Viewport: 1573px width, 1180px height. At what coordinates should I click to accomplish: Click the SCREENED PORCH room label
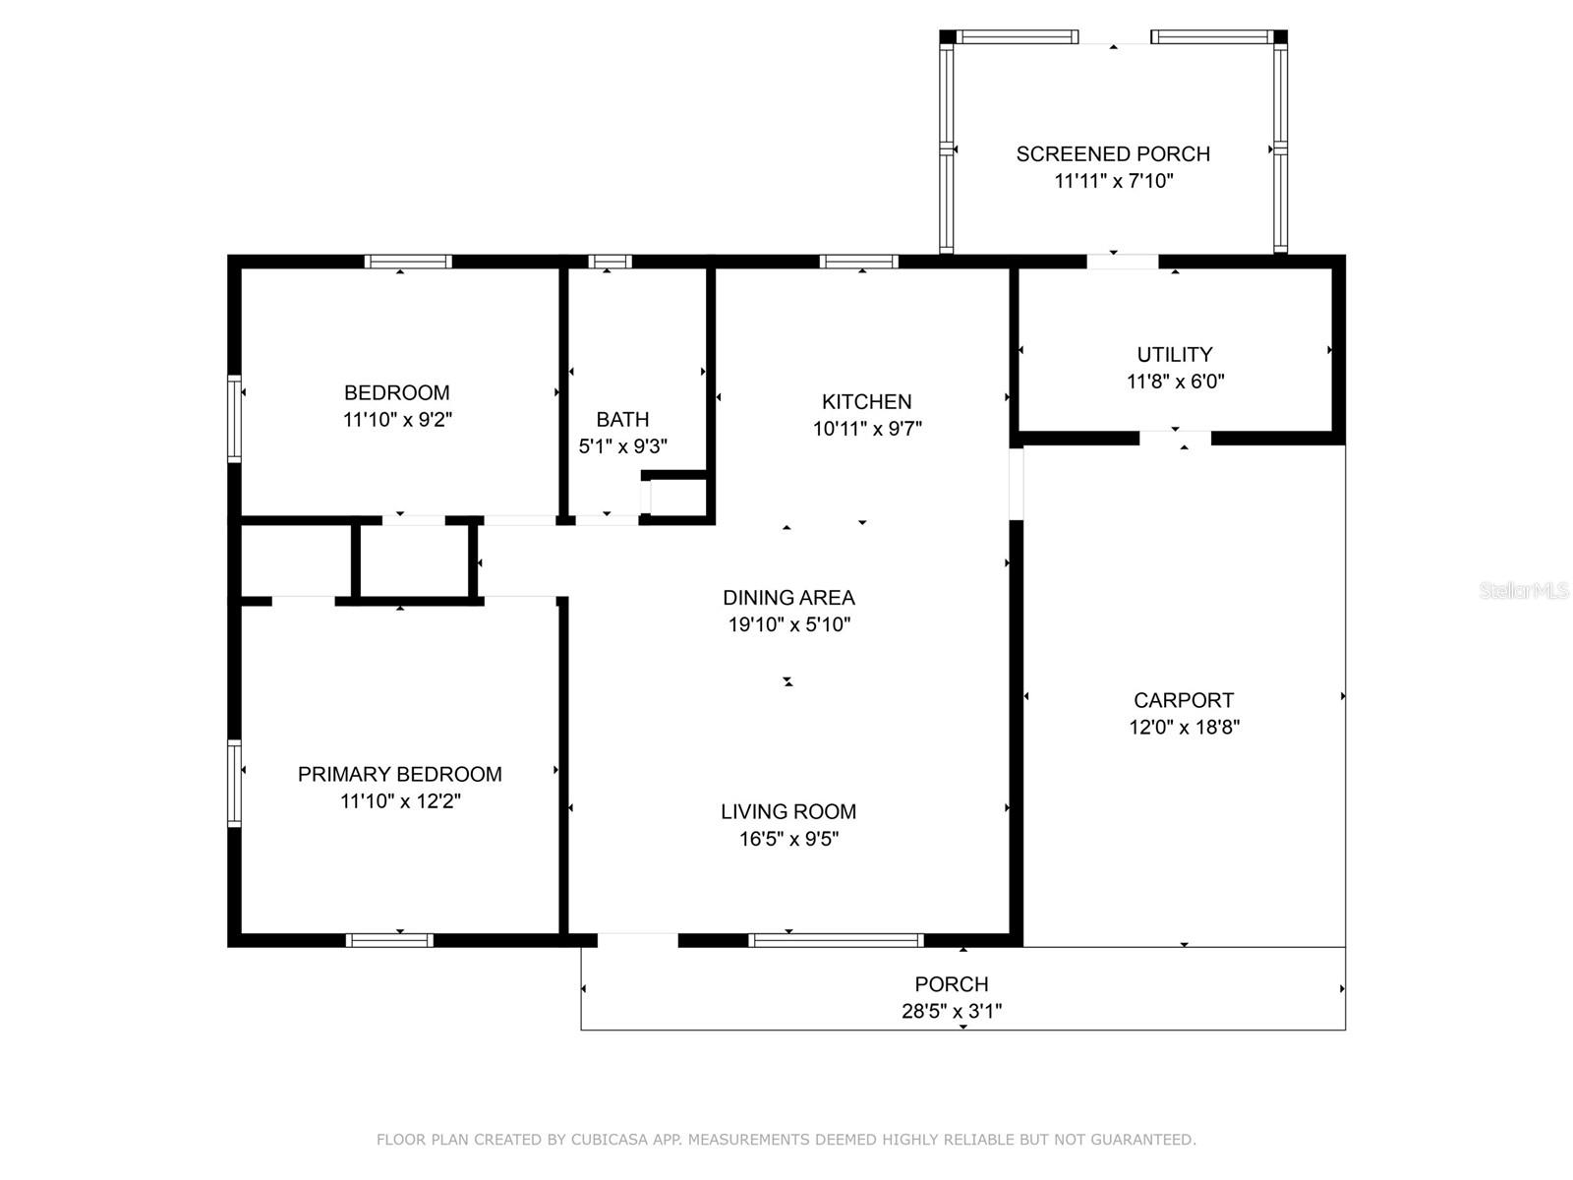pyautogui.click(x=1112, y=154)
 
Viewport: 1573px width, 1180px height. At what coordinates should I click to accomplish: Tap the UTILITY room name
pyautogui.click(x=1175, y=355)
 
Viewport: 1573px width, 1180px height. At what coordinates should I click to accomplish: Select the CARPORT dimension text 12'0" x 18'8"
pyautogui.click(x=1184, y=728)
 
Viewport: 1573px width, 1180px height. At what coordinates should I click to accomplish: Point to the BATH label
pyautogui.click(x=622, y=419)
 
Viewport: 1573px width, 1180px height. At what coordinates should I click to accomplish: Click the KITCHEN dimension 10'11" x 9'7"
pyautogui.click(x=866, y=429)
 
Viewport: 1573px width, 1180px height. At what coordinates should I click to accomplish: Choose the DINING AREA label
pyautogui.click(x=788, y=598)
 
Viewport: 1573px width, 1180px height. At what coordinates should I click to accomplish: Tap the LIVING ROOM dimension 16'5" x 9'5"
pyautogui.click(x=788, y=838)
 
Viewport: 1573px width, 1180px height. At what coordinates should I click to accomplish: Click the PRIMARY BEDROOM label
pyautogui.click(x=399, y=774)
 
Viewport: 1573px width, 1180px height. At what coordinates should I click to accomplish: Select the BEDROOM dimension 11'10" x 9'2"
pyautogui.click(x=397, y=419)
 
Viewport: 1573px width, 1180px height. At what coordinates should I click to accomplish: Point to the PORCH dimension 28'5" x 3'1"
pyautogui.click(x=951, y=1011)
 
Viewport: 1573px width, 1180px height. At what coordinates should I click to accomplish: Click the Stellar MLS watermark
pyautogui.click(x=1524, y=590)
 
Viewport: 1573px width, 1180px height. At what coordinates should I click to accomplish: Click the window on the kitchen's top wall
pyautogui.click(x=858, y=262)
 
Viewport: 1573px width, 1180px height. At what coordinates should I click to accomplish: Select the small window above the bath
pyautogui.click(x=610, y=262)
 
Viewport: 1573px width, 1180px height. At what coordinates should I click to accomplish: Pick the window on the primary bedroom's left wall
pyautogui.click(x=234, y=783)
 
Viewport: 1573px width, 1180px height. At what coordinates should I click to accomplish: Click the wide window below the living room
pyautogui.click(x=836, y=940)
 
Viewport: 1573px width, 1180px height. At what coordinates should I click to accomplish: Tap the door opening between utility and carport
pyautogui.click(x=1175, y=438)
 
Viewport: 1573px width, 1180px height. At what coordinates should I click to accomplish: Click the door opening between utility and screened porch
pyautogui.click(x=1123, y=262)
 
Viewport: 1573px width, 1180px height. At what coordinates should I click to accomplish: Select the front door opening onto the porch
pyautogui.click(x=637, y=940)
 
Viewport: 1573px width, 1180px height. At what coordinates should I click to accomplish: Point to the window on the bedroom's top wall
pyautogui.click(x=408, y=262)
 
